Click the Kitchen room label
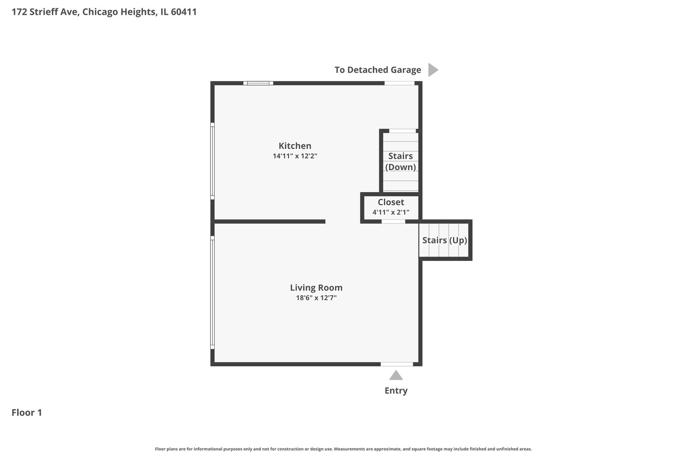point(295,145)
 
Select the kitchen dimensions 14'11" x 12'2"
point(295,156)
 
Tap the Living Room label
point(316,288)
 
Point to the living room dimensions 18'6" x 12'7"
point(316,298)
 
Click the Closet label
point(391,202)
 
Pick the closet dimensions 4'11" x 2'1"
point(391,212)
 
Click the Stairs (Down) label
point(400,162)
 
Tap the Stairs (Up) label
point(444,240)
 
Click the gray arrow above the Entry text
point(396,375)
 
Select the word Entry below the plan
point(396,391)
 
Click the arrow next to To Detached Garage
point(433,70)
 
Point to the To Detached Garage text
point(377,70)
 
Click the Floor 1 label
point(27,413)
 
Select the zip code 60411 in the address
point(184,12)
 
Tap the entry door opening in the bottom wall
point(397,364)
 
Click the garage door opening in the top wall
point(399,83)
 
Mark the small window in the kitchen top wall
point(258,83)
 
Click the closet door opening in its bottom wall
point(393,221)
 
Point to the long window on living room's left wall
point(212,293)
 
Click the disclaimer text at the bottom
point(343,449)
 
